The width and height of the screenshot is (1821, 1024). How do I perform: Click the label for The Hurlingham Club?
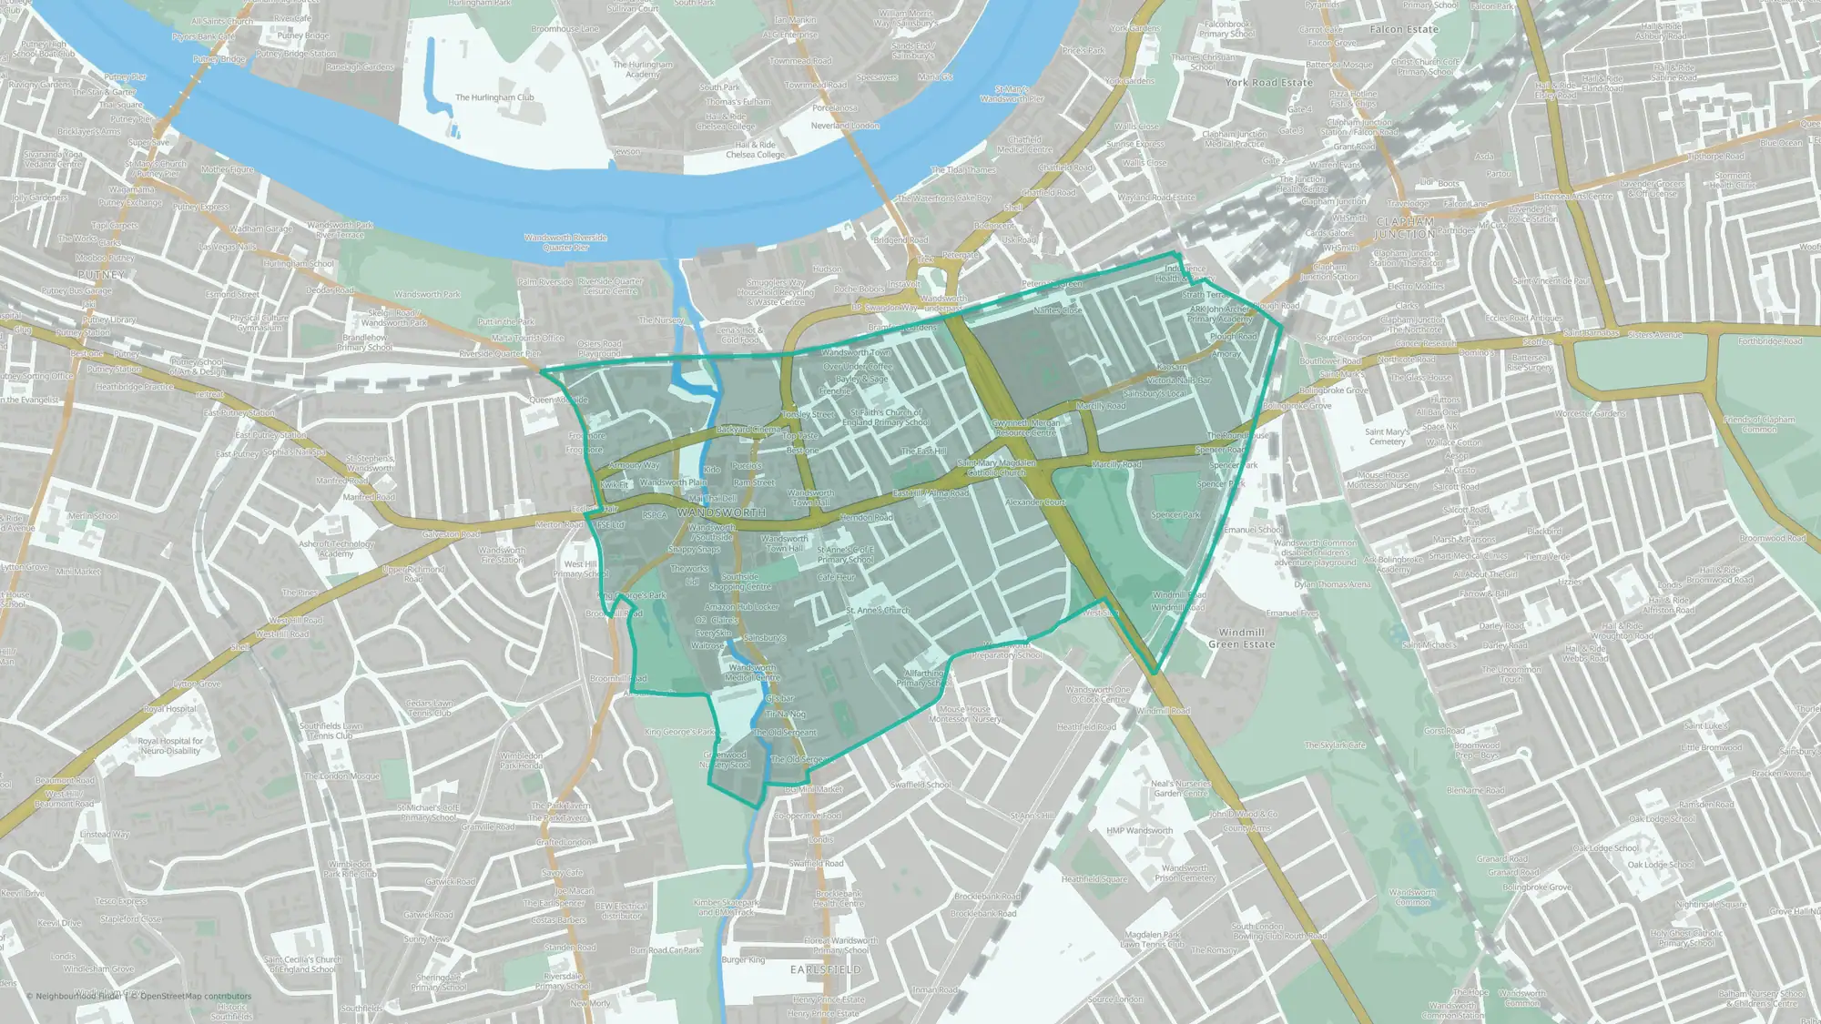click(x=494, y=97)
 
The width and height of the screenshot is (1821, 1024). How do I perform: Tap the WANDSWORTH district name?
click(x=721, y=512)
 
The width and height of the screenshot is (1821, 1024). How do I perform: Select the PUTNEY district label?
click(x=101, y=274)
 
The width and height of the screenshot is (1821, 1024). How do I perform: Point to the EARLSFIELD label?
click(x=826, y=969)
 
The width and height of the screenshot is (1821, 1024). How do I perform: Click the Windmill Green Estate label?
click(x=1241, y=638)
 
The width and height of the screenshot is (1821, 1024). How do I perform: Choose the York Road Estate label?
click(x=1268, y=82)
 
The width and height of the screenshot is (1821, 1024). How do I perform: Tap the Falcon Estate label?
click(x=1404, y=29)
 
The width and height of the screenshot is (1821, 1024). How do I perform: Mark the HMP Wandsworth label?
click(x=1139, y=830)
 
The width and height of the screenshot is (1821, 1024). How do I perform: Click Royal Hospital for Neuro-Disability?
click(x=171, y=745)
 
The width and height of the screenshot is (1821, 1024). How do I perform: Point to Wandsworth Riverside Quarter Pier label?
click(x=565, y=242)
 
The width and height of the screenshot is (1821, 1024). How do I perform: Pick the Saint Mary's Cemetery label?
click(x=1387, y=437)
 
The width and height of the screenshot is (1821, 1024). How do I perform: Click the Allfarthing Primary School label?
click(x=924, y=677)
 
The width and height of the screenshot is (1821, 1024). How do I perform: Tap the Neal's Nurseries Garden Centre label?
click(x=1180, y=788)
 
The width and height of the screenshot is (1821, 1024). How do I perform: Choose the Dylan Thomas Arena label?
click(x=1332, y=584)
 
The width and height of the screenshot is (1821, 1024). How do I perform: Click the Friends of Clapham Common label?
click(x=1759, y=424)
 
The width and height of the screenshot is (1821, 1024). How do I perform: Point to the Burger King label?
click(x=743, y=959)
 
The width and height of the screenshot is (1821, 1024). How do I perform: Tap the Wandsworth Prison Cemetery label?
click(x=1185, y=873)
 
